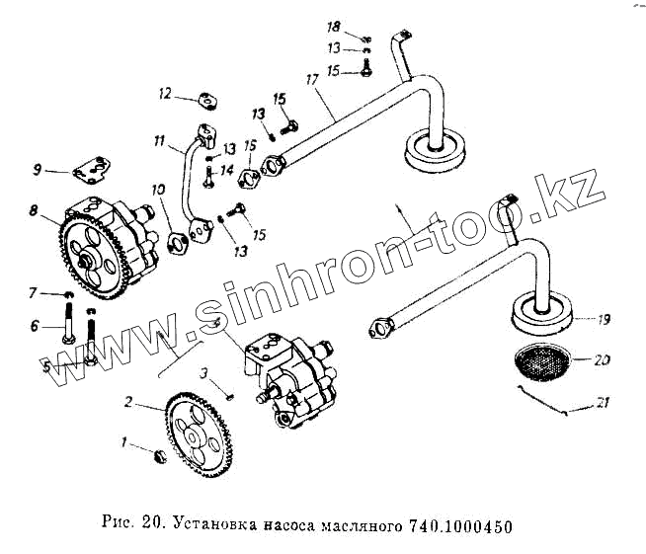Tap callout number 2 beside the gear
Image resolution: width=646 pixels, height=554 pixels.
click(x=128, y=403)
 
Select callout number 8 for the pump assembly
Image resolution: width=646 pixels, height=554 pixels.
click(x=34, y=210)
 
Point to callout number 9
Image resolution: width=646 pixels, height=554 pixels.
click(x=37, y=171)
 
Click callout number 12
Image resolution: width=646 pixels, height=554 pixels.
click(x=166, y=93)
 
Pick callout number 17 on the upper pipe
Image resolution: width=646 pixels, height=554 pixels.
click(x=312, y=78)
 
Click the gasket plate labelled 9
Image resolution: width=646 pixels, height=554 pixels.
click(x=93, y=169)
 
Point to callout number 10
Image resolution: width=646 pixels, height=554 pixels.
click(x=157, y=189)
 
